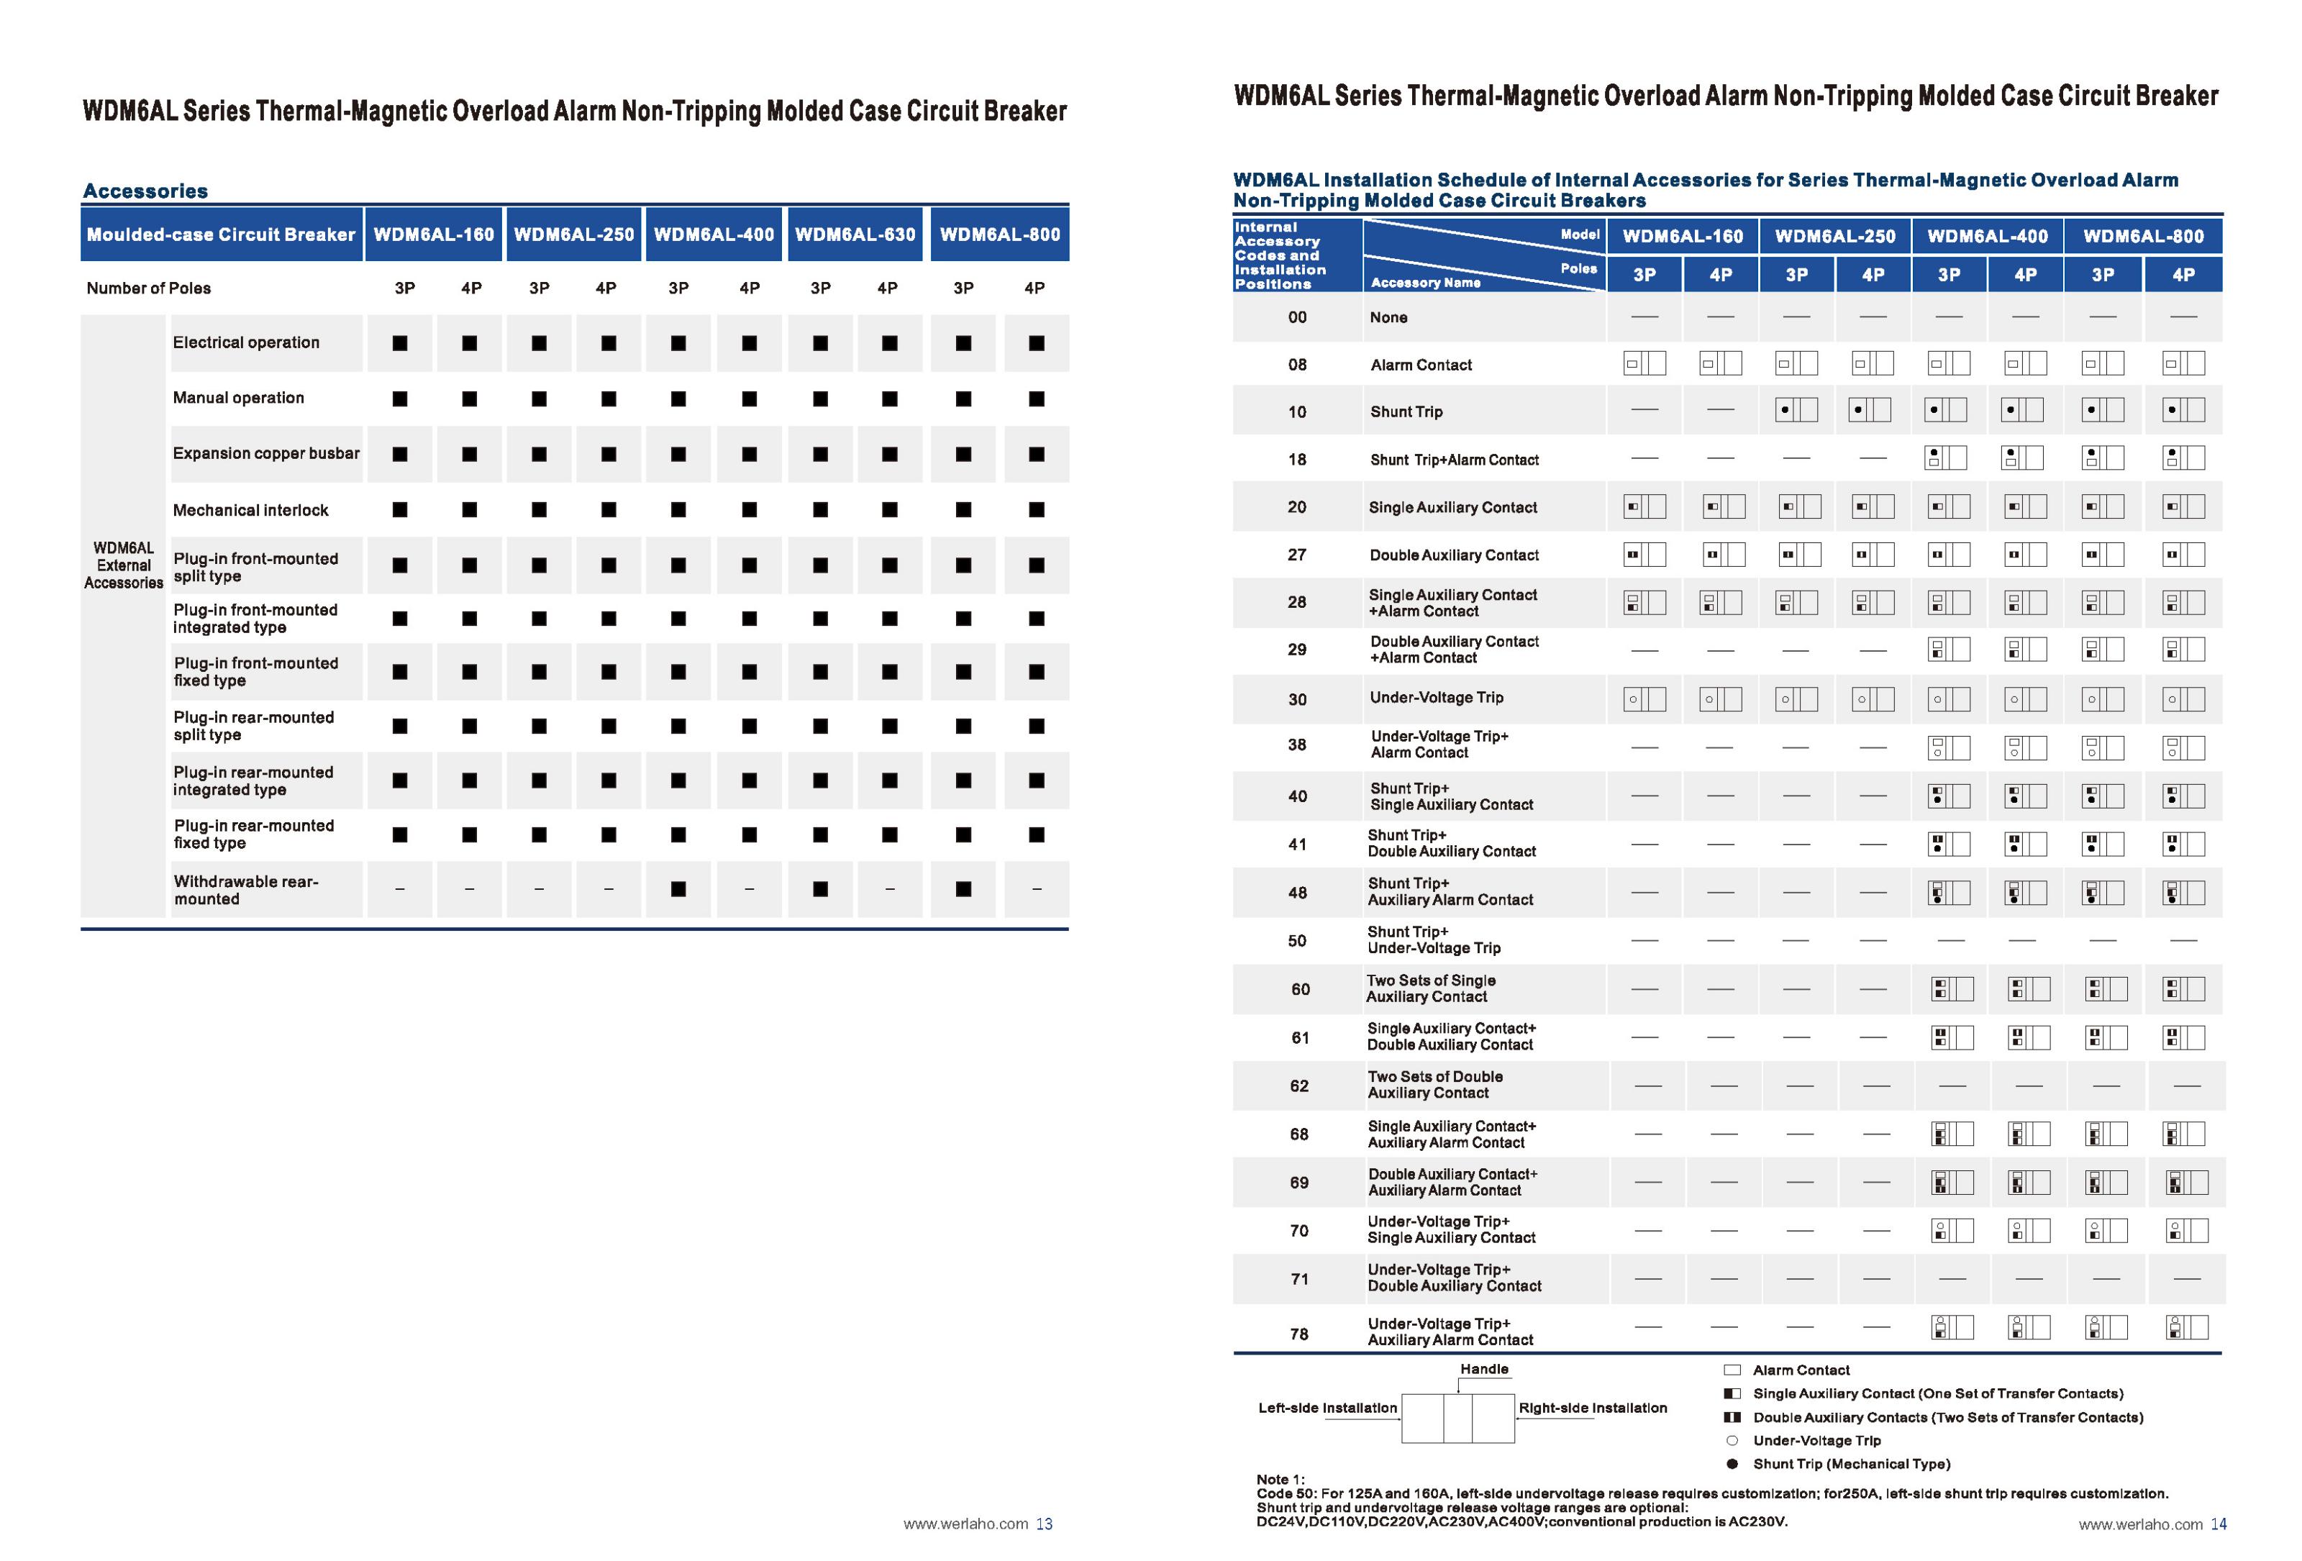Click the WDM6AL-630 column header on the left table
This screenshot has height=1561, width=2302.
[x=855, y=235]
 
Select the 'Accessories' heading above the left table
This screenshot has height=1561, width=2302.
[x=145, y=191]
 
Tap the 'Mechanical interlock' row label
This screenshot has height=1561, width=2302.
[x=250, y=510]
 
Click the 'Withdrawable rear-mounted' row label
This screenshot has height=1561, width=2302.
[x=245, y=889]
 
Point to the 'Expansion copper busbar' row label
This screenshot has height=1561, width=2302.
[x=266, y=454]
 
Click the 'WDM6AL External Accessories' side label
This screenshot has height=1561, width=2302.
[x=124, y=565]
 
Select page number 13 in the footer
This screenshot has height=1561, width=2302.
[x=1044, y=1524]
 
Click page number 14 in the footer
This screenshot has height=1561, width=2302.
[x=2219, y=1524]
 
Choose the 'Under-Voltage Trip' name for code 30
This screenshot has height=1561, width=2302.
[x=1437, y=697]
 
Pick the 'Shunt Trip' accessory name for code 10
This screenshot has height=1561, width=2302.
[x=1406, y=412]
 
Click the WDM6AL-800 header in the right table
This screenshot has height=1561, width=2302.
[x=2144, y=237]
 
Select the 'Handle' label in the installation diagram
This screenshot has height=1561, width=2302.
[x=1484, y=1369]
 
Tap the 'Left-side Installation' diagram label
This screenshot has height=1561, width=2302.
[x=1327, y=1408]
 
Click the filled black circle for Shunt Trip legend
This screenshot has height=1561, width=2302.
[x=1732, y=1464]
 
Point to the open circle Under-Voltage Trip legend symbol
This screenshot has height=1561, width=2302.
[x=1732, y=1440]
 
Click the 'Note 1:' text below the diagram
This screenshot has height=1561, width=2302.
[x=1280, y=1479]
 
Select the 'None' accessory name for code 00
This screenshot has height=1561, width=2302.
[x=1388, y=318]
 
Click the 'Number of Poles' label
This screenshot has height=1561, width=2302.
[x=149, y=288]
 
